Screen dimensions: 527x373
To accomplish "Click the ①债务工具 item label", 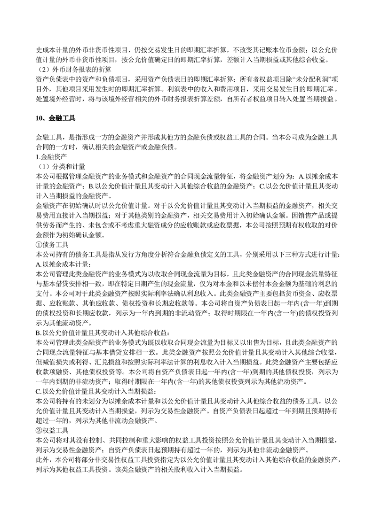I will [x=52, y=245].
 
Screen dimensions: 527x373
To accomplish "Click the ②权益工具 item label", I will [x=52, y=430].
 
